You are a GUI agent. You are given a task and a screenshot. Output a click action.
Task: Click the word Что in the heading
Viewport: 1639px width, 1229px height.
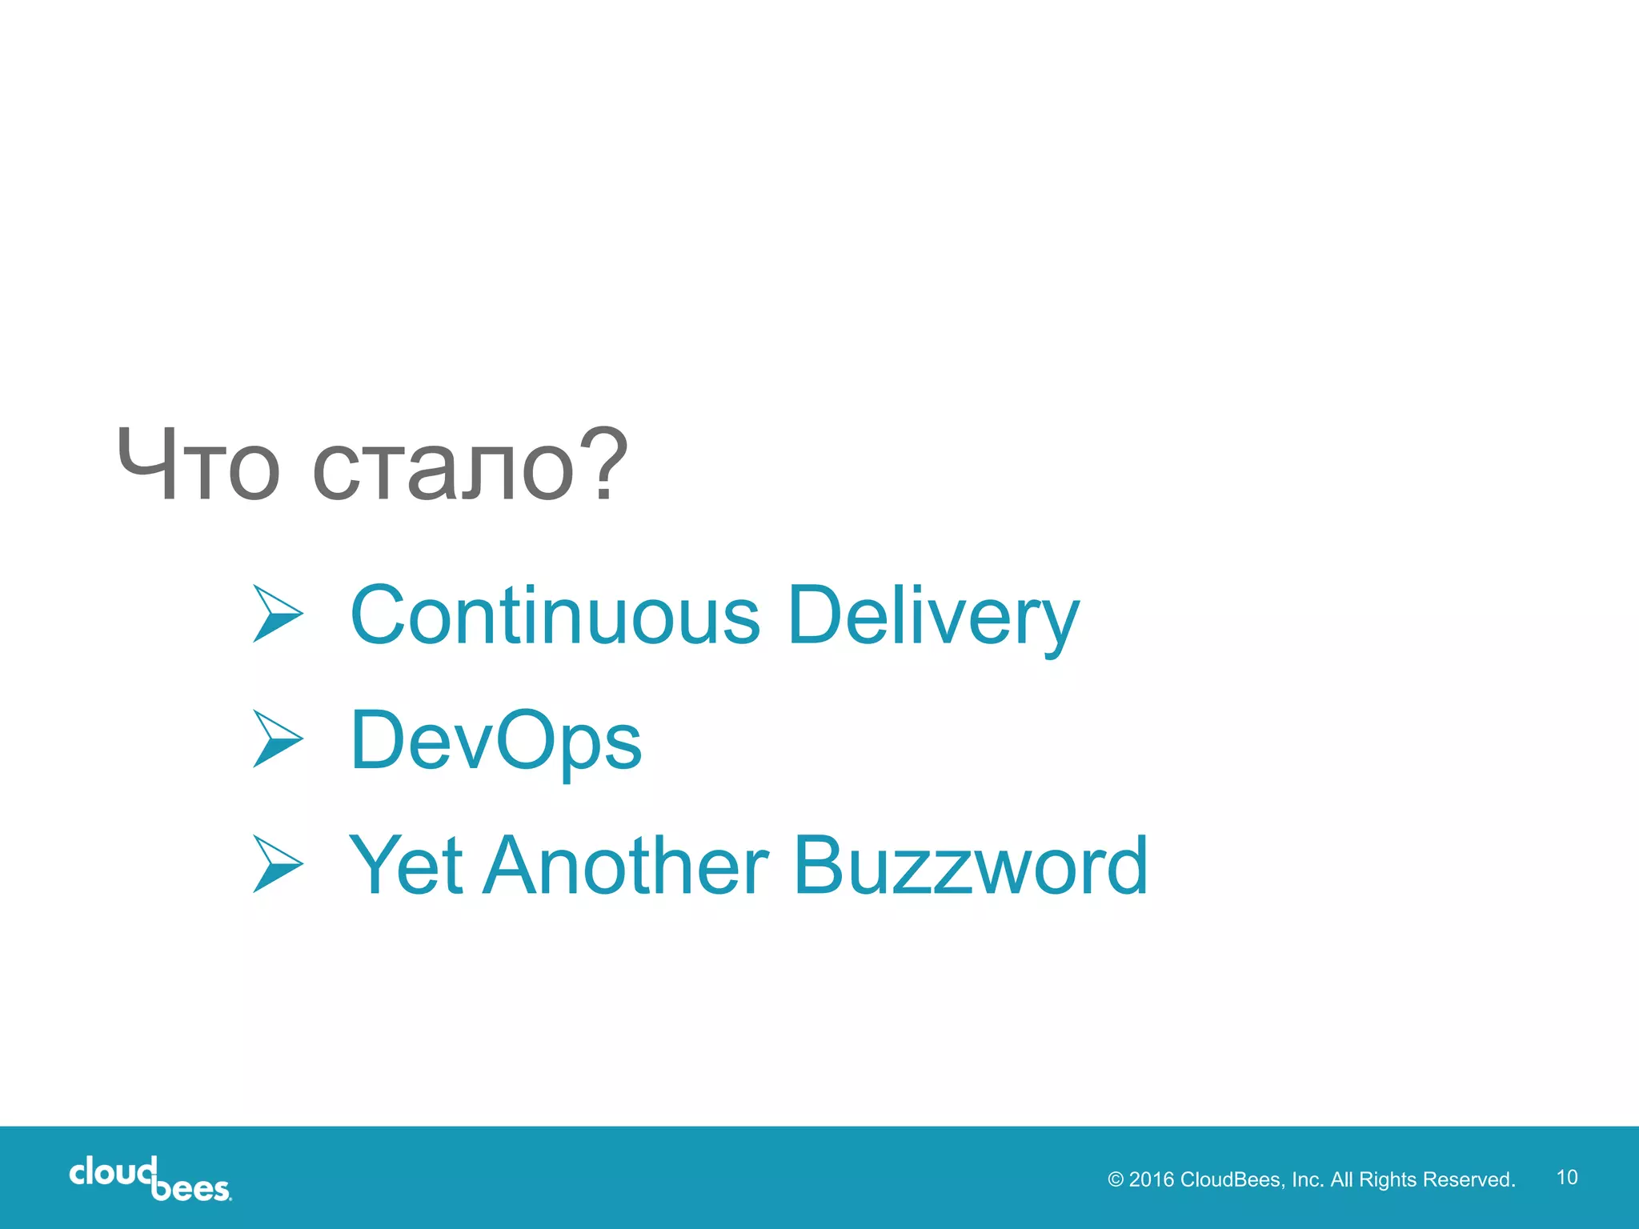click(x=198, y=465)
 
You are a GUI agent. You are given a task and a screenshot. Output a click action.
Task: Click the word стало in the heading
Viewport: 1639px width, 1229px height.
click(x=443, y=468)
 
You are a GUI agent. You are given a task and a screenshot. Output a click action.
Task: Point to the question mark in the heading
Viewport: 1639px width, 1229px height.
click(x=601, y=464)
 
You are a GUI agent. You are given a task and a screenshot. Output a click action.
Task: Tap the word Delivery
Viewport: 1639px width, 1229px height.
click(x=933, y=618)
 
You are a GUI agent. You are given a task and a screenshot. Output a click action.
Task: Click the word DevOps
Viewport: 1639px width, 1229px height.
click(x=496, y=742)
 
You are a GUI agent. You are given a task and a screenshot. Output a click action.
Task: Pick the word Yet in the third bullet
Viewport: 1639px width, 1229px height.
click(x=406, y=865)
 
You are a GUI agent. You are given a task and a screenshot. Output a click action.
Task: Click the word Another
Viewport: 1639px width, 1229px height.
click(x=625, y=865)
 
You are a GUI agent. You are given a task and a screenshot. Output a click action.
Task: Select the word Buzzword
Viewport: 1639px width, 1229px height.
click(x=970, y=865)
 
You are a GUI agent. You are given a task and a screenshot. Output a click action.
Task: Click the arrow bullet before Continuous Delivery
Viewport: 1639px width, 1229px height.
click(x=277, y=614)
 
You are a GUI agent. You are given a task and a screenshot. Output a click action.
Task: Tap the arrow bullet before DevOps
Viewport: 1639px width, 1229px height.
click(x=277, y=739)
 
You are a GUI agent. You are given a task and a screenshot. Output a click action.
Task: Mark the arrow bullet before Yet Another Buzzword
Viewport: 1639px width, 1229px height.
click(x=277, y=864)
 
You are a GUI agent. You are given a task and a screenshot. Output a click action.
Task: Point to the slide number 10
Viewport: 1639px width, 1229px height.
click(x=1567, y=1177)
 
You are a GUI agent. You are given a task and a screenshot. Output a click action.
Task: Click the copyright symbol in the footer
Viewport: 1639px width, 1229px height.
click(x=1116, y=1180)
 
